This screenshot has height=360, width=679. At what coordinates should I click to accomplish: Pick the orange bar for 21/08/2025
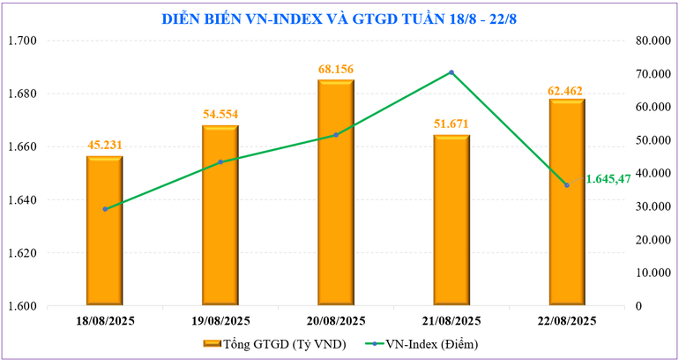451,221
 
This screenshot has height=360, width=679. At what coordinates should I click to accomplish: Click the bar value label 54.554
220,114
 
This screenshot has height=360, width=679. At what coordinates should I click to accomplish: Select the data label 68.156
336,68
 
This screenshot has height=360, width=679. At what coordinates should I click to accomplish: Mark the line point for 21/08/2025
451,72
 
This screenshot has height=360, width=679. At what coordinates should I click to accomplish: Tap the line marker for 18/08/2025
105,209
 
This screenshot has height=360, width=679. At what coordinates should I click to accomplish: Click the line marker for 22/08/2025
566,184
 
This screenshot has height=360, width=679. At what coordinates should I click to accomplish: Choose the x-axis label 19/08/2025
220,320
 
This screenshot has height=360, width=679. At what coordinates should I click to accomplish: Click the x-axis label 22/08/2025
566,320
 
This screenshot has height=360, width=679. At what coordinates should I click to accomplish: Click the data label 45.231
104,146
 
